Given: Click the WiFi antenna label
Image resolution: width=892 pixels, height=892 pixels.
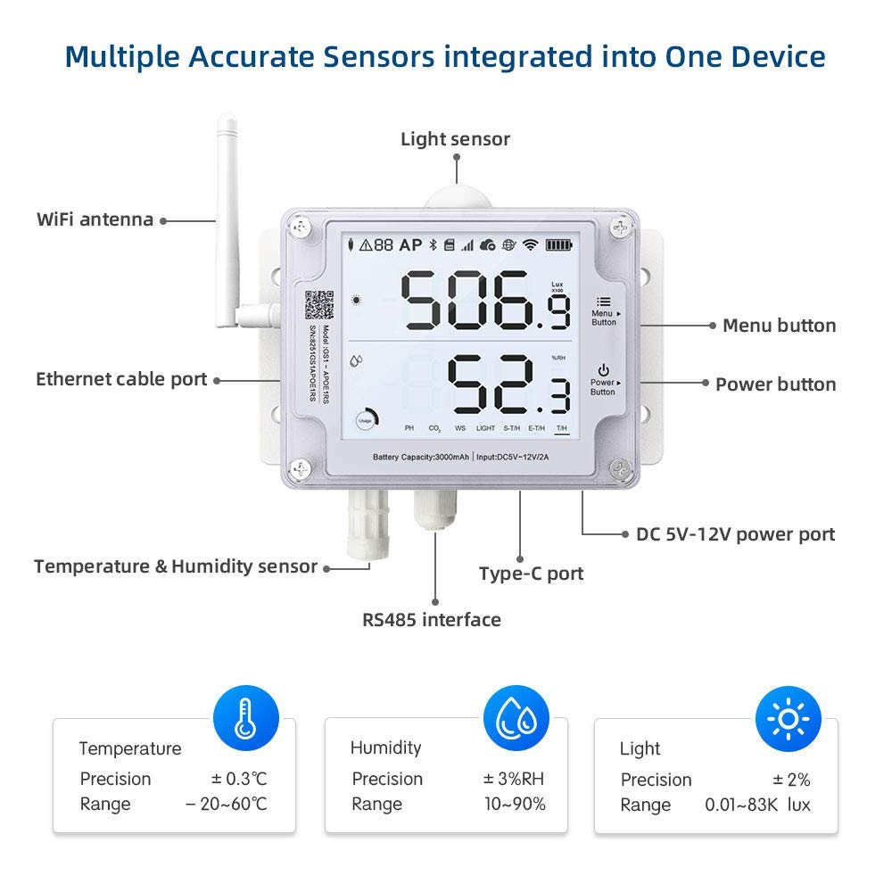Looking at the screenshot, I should (x=95, y=219).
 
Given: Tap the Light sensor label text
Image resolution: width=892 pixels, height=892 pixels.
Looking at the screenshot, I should (x=455, y=139).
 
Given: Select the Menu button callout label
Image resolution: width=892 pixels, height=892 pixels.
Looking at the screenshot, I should (x=779, y=326).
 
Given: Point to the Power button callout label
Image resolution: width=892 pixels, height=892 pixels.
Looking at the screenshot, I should (x=775, y=384).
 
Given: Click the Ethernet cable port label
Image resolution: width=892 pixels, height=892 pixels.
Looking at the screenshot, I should (x=121, y=379).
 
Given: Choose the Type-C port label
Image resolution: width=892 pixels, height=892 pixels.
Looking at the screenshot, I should (x=531, y=574).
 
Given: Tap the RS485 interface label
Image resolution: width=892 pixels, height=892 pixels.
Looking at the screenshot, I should (x=431, y=619).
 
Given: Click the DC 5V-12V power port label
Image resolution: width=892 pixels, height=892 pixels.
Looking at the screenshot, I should (x=735, y=534).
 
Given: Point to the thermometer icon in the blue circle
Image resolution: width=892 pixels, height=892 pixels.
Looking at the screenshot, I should (x=245, y=718).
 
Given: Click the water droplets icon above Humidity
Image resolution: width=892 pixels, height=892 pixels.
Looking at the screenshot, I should (x=516, y=718).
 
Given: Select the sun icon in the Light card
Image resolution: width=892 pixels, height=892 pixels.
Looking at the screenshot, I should (x=788, y=718).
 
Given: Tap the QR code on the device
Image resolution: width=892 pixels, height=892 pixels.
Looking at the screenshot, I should (x=318, y=303).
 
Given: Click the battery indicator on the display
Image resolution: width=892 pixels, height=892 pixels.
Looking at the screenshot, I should (x=560, y=244).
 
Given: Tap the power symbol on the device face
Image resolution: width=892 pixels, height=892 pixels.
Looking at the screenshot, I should (x=604, y=369).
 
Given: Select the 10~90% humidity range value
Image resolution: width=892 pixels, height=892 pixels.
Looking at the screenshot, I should (x=514, y=804).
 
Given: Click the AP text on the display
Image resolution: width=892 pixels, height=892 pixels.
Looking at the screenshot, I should (x=410, y=244).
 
